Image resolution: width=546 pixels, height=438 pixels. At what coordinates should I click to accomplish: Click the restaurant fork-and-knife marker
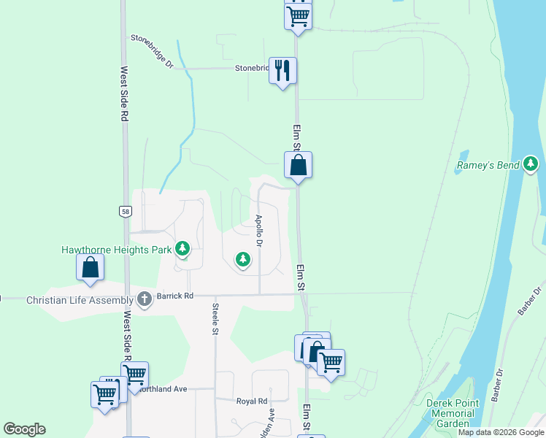click(282, 72)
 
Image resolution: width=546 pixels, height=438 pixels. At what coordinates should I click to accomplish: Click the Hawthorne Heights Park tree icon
click(182, 250)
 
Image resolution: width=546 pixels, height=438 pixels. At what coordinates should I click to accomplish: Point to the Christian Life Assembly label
click(80, 299)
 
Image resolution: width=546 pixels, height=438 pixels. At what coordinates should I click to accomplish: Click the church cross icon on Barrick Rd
click(145, 299)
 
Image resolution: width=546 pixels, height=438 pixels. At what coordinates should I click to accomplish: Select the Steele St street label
click(215, 319)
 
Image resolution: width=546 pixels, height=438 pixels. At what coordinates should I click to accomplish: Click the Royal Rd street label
click(252, 401)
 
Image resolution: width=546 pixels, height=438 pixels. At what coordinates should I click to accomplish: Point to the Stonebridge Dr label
click(152, 51)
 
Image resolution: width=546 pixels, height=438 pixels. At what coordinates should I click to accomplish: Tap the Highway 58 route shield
click(126, 211)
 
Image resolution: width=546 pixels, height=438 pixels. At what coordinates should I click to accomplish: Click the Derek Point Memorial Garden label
click(454, 413)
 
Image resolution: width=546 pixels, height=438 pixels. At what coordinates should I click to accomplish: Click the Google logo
click(24, 429)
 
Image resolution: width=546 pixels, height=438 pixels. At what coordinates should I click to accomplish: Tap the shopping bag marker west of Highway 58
click(90, 268)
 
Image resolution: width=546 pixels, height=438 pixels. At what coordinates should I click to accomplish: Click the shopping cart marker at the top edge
click(298, 14)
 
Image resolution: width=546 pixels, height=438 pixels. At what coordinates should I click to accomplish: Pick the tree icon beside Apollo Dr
click(242, 258)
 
